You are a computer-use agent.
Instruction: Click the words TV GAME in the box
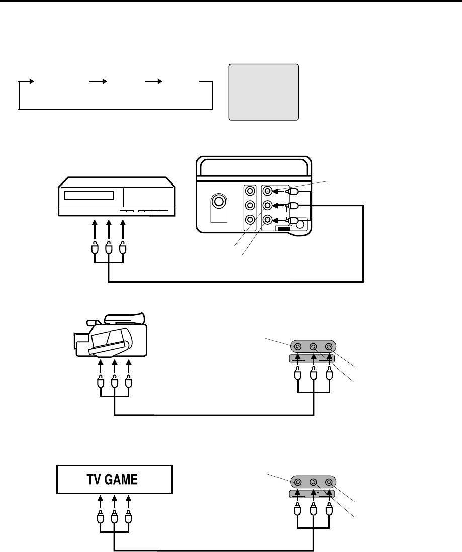click(x=114, y=480)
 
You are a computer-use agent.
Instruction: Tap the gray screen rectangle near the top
click(x=263, y=92)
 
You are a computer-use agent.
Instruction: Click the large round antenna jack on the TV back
click(x=219, y=202)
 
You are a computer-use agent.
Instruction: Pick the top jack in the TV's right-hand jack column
click(x=268, y=191)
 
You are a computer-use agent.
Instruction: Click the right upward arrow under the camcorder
click(x=129, y=367)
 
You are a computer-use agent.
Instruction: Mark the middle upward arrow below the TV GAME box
click(x=115, y=503)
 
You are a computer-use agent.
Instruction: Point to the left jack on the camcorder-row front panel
click(x=298, y=346)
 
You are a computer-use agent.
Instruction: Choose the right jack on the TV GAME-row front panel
click(x=329, y=482)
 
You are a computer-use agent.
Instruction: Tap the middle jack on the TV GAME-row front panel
click(x=313, y=482)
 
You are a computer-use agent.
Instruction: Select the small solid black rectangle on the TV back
click(x=284, y=229)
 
